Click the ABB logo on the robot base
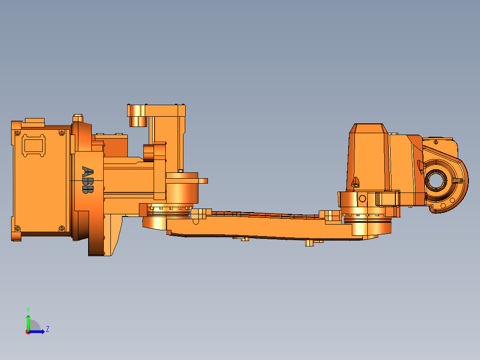pyautogui.click(x=88, y=180)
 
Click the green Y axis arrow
pyautogui.click(x=28, y=322)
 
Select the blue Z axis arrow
pyautogui.click(x=38, y=331)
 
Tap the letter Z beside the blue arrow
pyautogui.click(x=48, y=329)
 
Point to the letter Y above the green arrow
pyautogui.click(x=28, y=309)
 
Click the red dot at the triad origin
pyautogui.click(x=28, y=331)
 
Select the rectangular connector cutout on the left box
pyautogui.click(x=33, y=146)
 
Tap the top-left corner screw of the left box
pyautogui.click(x=17, y=133)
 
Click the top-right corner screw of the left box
pyautogui.click(x=61, y=133)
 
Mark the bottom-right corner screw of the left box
pyautogui.click(x=61, y=229)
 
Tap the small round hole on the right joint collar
pyautogui.click(x=362, y=198)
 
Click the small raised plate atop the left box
pyautogui.click(x=34, y=120)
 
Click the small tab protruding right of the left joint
pyautogui.click(x=203, y=180)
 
